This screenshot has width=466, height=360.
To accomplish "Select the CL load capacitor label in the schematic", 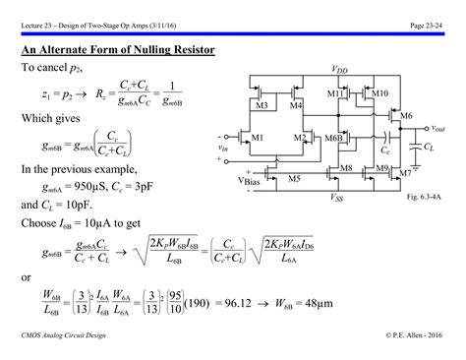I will pos(429,147).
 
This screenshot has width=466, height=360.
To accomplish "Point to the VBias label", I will pos(253,181).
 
